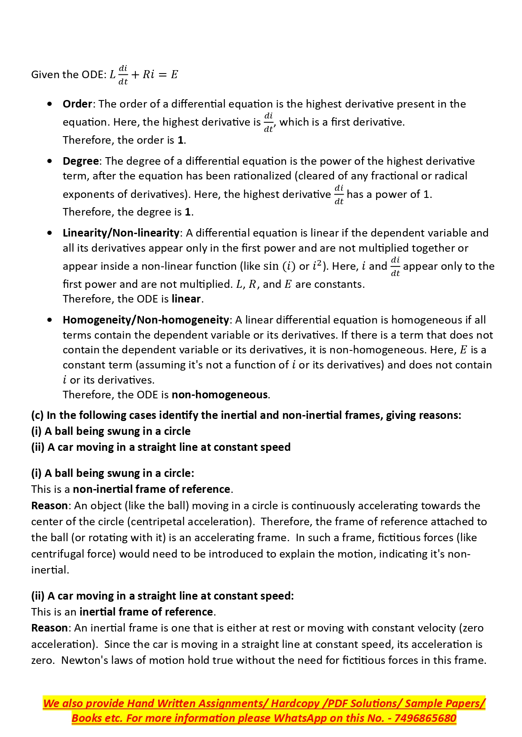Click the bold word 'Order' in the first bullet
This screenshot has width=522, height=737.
click(77, 104)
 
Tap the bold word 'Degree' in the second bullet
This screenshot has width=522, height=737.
click(81, 161)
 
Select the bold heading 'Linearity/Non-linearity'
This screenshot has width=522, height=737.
click(121, 233)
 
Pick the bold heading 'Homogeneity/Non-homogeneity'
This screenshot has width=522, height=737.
click(146, 320)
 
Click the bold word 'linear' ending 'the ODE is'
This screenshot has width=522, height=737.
click(186, 299)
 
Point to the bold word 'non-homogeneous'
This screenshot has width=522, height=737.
click(220, 395)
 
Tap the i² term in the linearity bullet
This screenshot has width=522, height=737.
click(317, 266)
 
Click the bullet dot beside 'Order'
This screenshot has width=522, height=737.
click(50, 104)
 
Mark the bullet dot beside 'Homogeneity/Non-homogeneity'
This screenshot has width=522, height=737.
click(50, 320)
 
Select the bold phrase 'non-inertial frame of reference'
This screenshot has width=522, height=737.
click(151, 489)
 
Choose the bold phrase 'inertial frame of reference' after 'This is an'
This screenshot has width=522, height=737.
click(146, 612)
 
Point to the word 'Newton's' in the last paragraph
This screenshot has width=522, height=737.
click(80, 660)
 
